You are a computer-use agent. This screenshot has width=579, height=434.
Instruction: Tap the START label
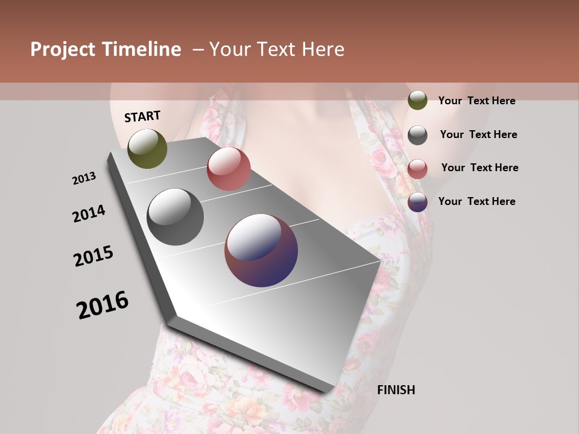pos(142,116)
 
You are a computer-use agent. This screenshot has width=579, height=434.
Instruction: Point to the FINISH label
pos(396,390)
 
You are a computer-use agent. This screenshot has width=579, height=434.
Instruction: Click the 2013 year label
pos(84,178)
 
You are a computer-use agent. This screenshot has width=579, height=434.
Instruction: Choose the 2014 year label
pos(89,213)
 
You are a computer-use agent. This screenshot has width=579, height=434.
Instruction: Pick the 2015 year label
pos(93,256)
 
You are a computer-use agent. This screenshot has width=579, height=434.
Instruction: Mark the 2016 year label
pos(103,305)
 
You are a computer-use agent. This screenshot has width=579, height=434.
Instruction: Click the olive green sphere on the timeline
pos(148,148)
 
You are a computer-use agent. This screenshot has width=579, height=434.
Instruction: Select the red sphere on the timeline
pos(229,168)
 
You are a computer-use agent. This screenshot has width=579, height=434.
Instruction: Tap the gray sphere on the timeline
pos(176,217)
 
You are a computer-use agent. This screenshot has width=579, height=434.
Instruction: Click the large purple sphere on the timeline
pos(261,250)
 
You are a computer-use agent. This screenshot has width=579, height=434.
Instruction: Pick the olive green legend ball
pos(417,101)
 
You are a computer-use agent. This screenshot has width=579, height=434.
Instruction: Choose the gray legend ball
pos(417,135)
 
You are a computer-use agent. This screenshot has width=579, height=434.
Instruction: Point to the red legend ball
pos(417,168)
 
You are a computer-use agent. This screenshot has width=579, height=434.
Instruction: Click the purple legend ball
pos(417,202)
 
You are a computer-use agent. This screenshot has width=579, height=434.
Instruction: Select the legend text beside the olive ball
pos(476,101)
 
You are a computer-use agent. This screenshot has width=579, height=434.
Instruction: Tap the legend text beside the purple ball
pos(476,201)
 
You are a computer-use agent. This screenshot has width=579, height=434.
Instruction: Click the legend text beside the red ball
pos(479,168)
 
